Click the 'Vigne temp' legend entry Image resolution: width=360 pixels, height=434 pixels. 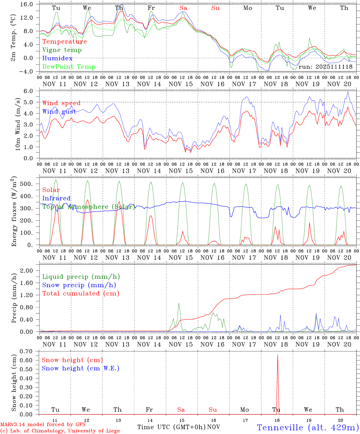click(x=62, y=50)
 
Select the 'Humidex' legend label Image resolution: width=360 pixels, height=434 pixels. click(x=57, y=58)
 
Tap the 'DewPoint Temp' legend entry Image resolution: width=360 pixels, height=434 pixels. click(x=69, y=67)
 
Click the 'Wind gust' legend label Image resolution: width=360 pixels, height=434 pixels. click(x=59, y=112)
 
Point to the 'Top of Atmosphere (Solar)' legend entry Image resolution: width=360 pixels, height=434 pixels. click(x=89, y=207)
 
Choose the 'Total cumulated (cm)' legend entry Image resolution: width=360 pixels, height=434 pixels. click(x=81, y=294)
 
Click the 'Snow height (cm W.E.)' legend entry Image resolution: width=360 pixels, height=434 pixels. click(x=81, y=368)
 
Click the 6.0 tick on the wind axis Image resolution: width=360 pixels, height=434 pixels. click(x=32, y=91)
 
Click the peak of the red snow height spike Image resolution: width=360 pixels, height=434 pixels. click(x=278, y=355)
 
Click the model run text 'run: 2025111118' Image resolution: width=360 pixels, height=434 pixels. click(x=325, y=67)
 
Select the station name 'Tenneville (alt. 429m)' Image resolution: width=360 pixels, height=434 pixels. click(x=308, y=427)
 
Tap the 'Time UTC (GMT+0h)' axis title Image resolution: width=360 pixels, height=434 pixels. click(x=172, y=427)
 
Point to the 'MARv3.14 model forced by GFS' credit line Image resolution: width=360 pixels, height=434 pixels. click(x=43, y=425)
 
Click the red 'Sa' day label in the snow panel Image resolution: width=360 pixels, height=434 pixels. click(x=181, y=410)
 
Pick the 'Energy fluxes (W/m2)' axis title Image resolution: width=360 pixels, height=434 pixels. click(x=14, y=211)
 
